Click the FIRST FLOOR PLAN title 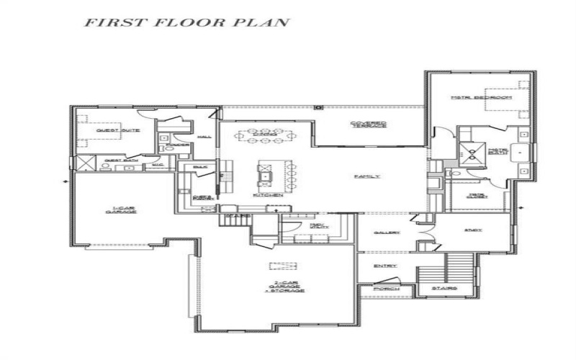click(x=186, y=22)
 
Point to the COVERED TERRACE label click(x=369, y=124)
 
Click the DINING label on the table click(x=266, y=134)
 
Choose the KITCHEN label click(x=263, y=194)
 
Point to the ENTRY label click(x=385, y=266)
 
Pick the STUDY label click(x=472, y=230)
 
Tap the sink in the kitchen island click(x=264, y=176)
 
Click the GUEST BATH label click(x=117, y=161)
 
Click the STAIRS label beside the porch click(x=445, y=290)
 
